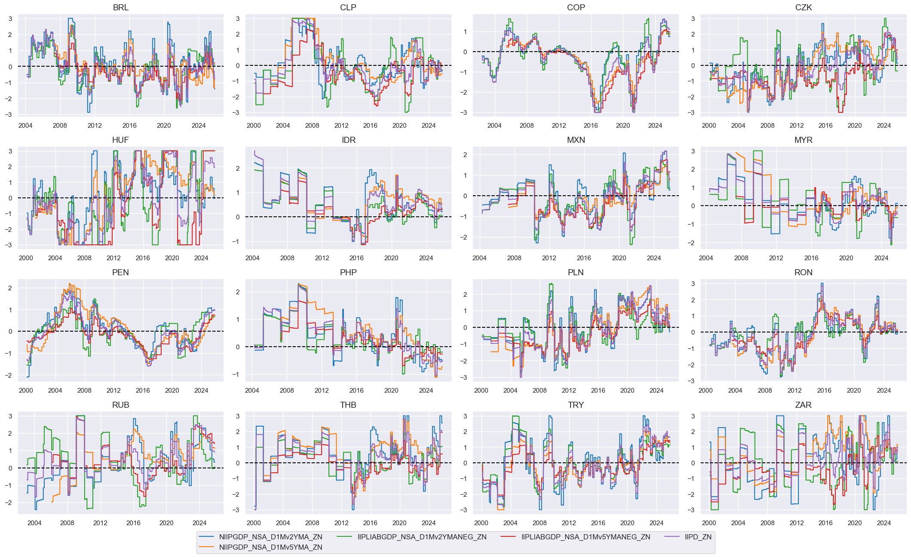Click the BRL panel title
[x=120, y=8]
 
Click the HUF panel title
[x=120, y=140]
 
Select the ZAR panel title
[x=803, y=405]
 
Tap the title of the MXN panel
[x=576, y=140]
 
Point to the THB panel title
[x=348, y=405]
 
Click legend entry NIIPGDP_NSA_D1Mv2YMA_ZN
[x=270, y=537]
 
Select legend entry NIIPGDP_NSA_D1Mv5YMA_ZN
[x=270, y=547]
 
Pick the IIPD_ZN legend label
[x=698, y=537]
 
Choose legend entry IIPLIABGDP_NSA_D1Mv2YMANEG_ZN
[x=422, y=537]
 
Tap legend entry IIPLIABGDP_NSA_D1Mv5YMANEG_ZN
[x=586, y=537]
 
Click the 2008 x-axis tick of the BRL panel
[x=60, y=126]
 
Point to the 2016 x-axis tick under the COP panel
[x=591, y=126]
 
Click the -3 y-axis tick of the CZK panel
[x=693, y=113]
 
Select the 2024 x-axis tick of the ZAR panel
[x=883, y=523]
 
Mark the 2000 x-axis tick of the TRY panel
[x=481, y=523]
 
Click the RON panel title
[x=803, y=273]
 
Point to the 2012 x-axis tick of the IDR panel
[x=322, y=258]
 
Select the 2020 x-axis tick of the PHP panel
[x=391, y=391]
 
